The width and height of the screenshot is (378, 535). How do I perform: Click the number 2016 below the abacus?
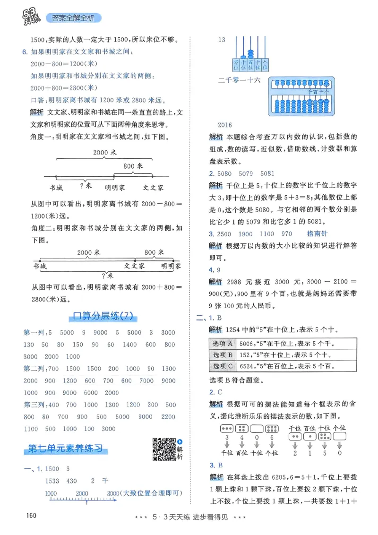tap(225, 125)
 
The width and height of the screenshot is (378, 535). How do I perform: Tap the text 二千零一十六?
tap(240, 81)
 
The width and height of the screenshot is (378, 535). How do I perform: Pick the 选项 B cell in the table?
tap(223, 355)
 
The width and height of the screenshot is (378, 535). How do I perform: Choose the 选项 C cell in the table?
tap(223, 366)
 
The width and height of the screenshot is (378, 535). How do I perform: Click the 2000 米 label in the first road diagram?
tap(104, 152)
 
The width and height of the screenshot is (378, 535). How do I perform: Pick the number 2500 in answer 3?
tap(224, 233)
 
